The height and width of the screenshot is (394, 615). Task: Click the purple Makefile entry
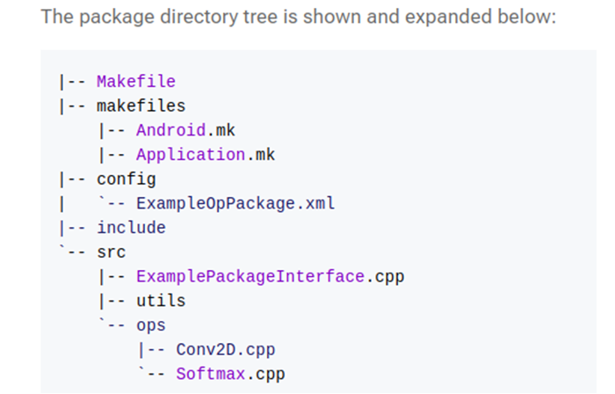click(136, 82)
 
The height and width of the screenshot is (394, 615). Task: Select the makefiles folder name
click(141, 106)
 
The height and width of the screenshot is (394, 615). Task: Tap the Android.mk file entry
click(186, 130)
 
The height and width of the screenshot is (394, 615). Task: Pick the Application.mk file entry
click(206, 155)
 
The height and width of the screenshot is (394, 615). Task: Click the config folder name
click(127, 179)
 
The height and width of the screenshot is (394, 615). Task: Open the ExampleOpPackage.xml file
click(235, 204)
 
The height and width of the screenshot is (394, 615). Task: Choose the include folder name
click(132, 228)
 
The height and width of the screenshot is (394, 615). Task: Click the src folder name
click(112, 252)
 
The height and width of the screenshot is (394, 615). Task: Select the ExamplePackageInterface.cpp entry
click(271, 277)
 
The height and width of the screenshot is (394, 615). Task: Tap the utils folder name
click(161, 301)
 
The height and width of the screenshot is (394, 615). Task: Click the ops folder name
click(151, 325)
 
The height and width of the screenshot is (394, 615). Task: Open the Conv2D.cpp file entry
click(226, 350)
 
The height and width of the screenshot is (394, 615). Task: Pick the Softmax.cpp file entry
click(230, 374)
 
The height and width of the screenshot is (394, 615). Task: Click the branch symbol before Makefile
click(72, 82)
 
